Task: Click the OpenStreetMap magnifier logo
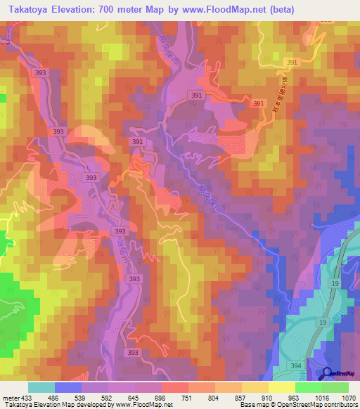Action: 327,373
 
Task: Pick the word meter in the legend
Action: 11,398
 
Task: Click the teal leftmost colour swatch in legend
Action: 41,387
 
